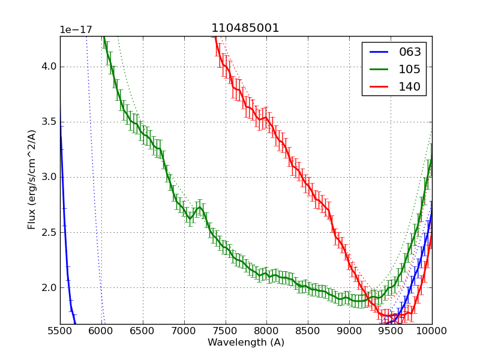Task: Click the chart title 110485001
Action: [245, 28]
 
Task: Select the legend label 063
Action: [410, 52]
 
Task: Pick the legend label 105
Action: [410, 69]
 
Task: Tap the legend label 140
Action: [410, 86]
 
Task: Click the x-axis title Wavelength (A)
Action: [246, 343]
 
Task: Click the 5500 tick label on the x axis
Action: [60, 330]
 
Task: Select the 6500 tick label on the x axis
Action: [143, 330]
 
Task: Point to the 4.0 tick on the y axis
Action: [48, 67]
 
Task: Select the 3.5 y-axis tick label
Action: [48, 122]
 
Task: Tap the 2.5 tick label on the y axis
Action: [48, 232]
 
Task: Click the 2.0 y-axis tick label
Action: [48, 287]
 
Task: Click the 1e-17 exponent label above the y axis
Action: [74, 30]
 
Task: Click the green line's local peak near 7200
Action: [199, 207]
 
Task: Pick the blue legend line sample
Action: [378, 52]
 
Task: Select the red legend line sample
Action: [378, 86]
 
